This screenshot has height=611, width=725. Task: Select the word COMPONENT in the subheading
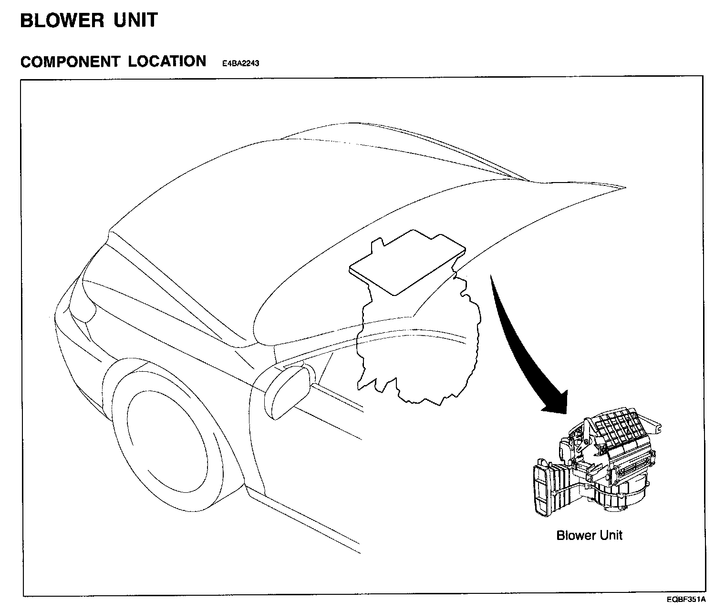click(70, 62)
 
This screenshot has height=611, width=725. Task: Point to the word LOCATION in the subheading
click(167, 62)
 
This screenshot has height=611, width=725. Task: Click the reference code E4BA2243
click(240, 63)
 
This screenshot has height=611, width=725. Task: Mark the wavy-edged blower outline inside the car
click(420, 348)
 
